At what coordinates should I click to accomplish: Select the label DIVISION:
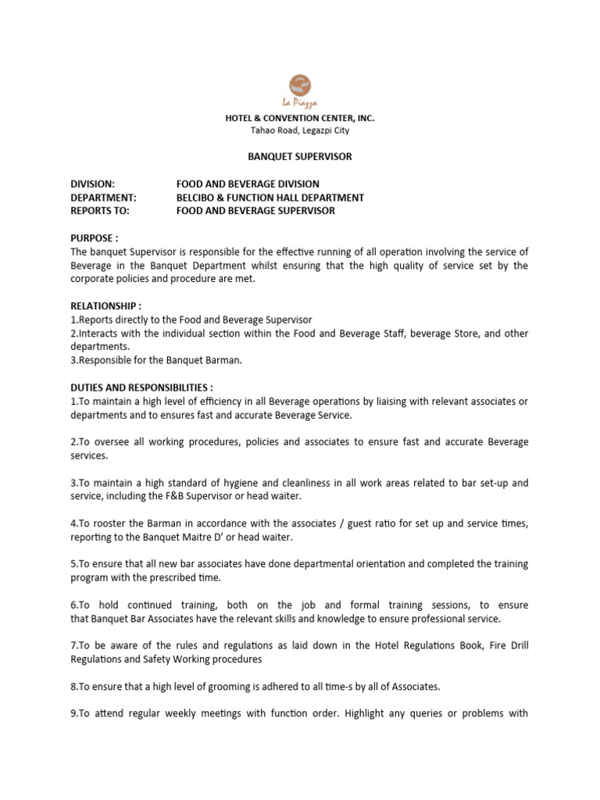pos(93,184)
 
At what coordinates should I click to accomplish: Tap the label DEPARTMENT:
pos(104,198)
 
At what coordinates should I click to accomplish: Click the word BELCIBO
pos(199,198)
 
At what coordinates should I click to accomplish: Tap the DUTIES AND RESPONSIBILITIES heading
pos(141,387)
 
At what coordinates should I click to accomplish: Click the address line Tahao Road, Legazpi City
pos(299,130)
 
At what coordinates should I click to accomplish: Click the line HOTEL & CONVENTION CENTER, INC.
pos(300,118)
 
